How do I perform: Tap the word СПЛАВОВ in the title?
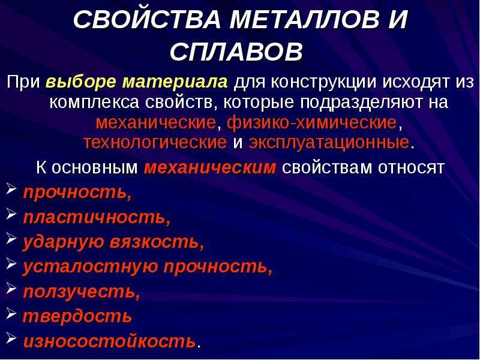(236, 51)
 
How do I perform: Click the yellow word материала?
(175, 82)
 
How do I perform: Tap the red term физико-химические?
(312, 122)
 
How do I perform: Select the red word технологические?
(155, 142)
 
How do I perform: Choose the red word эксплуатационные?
(329, 142)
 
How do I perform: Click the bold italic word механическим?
(210, 167)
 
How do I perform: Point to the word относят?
(411, 167)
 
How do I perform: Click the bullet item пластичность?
(97, 217)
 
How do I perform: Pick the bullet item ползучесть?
(82, 292)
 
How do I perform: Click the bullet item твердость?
(77, 316)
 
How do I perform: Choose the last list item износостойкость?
(109, 341)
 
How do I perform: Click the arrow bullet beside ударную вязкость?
(11, 238)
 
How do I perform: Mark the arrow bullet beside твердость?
(11, 312)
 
